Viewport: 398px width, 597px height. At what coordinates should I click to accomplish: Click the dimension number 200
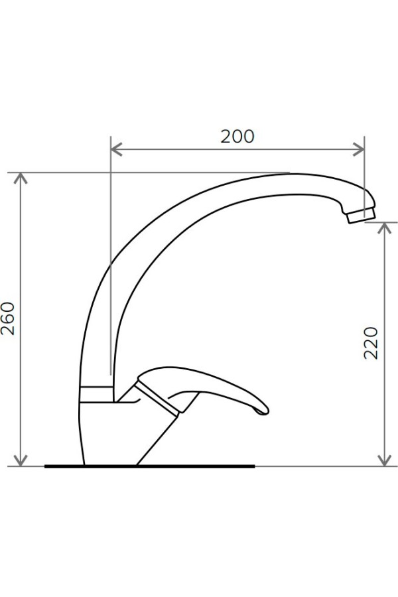click(x=237, y=136)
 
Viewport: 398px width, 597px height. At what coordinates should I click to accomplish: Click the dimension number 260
click(x=7, y=318)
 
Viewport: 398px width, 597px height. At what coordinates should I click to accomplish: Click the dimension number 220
click(x=371, y=343)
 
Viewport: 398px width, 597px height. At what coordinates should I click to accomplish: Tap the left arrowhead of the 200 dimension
click(x=116, y=150)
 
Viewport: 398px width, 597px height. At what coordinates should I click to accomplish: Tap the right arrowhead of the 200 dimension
click(x=359, y=150)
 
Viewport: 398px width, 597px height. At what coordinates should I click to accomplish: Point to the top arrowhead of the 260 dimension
click(x=21, y=178)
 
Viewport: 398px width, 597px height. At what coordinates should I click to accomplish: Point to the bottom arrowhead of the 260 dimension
click(x=21, y=460)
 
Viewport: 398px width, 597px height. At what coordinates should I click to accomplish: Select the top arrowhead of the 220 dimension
click(x=385, y=228)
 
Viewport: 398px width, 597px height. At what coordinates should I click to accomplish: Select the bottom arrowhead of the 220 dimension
click(x=385, y=460)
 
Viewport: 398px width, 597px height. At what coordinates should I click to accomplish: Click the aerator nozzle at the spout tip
click(x=361, y=216)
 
